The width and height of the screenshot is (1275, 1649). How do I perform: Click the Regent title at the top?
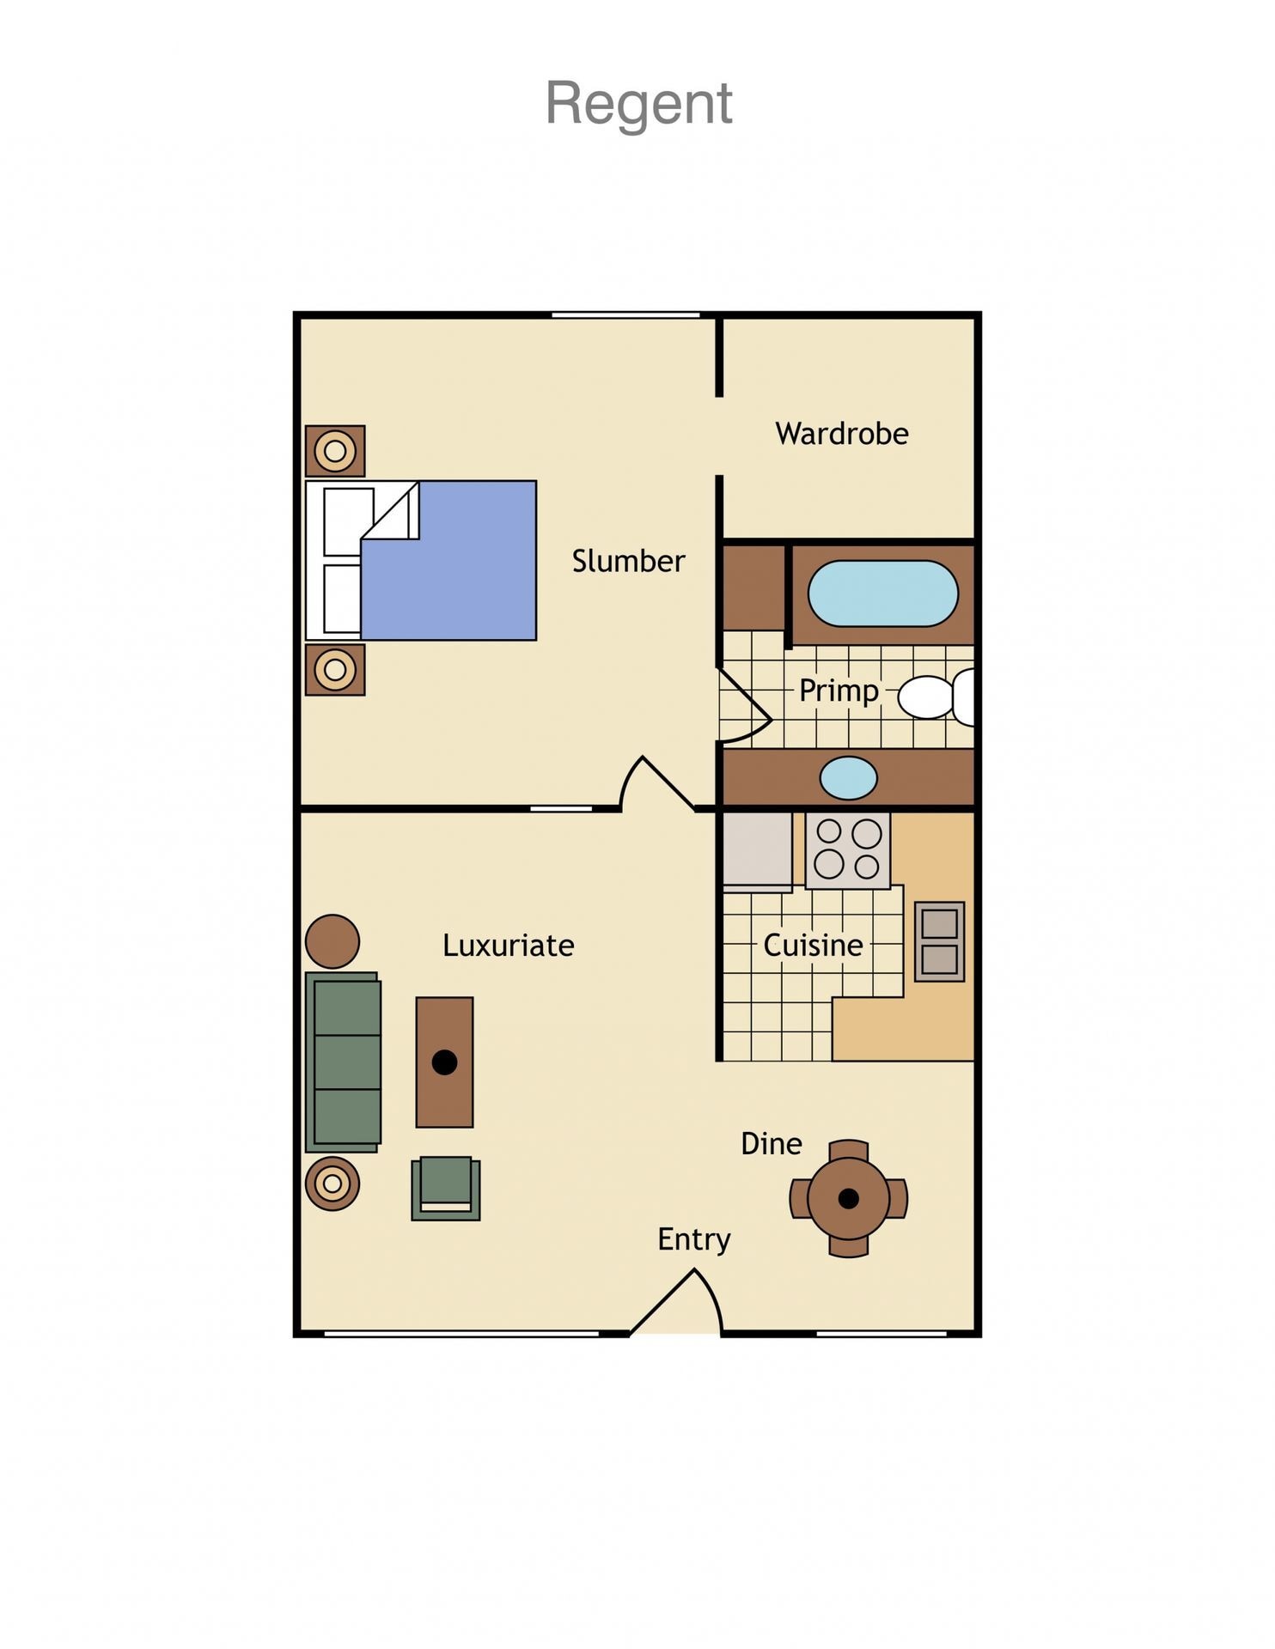click(638, 104)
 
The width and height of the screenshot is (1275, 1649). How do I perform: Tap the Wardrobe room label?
click(841, 434)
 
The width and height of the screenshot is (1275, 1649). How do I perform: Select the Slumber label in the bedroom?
click(628, 562)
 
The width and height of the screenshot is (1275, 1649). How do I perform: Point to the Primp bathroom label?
click(839, 691)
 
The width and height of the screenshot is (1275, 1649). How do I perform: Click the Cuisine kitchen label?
click(813, 946)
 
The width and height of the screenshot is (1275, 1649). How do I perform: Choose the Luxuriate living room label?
click(508, 946)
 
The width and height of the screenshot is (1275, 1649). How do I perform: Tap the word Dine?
click(771, 1144)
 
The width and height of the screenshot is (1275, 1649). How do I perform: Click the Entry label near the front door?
click(693, 1239)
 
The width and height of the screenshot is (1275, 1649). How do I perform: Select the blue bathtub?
click(882, 593)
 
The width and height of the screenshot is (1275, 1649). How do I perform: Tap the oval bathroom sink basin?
click(848, 778)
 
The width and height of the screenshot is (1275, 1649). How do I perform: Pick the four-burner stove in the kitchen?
click(847, 849)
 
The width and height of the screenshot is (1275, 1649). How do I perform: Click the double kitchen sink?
click(939, 941)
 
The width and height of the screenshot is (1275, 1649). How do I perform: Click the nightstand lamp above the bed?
click(335, 451)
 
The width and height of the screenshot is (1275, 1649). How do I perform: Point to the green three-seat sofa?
click(345, 1062)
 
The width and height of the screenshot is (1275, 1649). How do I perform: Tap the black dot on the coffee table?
click(444, 1062)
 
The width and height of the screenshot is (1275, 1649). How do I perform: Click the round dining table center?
click(848, 1198)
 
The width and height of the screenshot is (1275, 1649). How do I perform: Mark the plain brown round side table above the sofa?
click(332, 941)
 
